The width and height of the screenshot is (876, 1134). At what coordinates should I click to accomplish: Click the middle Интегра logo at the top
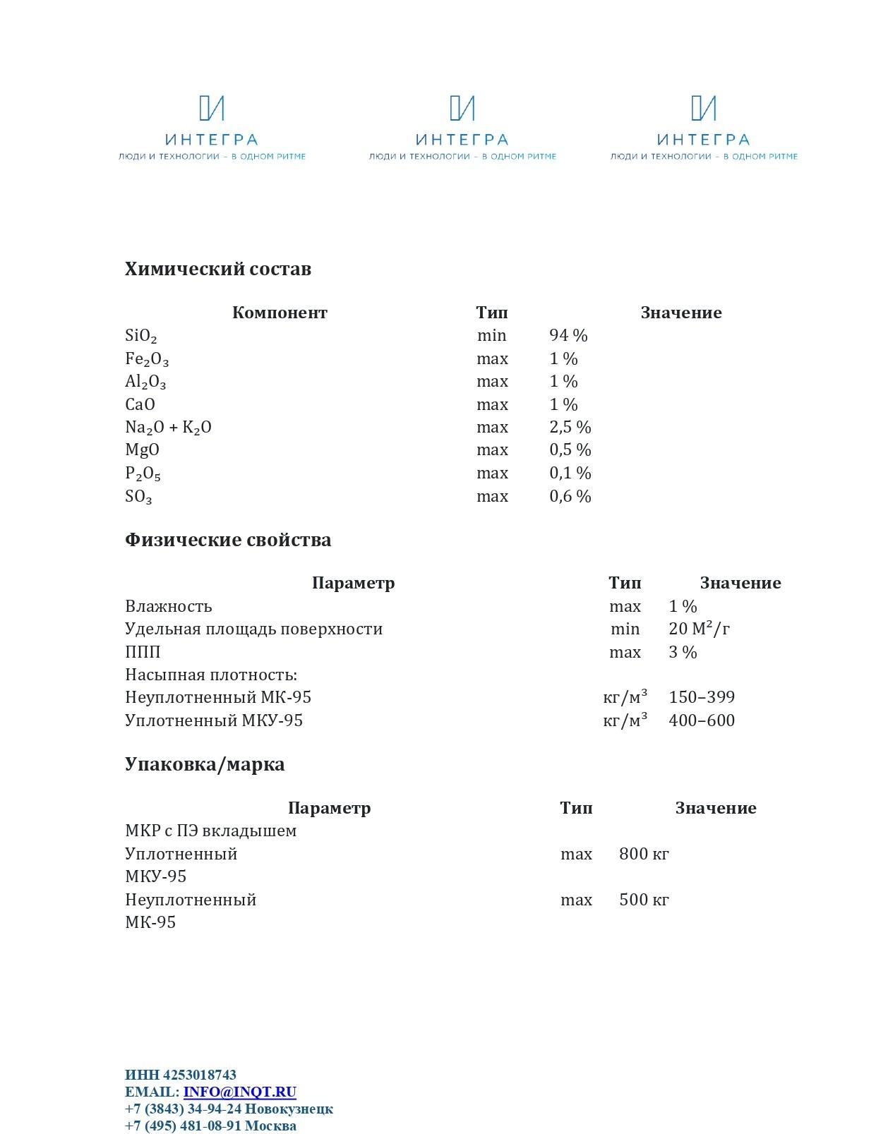click(462, 128)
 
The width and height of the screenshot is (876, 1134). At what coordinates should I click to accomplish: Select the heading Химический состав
click(217, 269)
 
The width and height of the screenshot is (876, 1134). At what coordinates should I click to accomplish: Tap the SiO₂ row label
click(141, 336)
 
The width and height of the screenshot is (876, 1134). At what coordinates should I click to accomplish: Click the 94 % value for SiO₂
click(568, 335)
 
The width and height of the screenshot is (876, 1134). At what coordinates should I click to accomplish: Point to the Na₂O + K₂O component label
click(168, 428)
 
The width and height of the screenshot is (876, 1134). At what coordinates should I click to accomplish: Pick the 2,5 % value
click(570, 427)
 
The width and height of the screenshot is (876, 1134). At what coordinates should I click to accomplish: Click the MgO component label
click(142, 450)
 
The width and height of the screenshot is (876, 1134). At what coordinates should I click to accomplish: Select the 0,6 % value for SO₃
click(570, 496)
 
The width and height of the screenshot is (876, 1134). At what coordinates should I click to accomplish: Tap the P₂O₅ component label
click(143, 473)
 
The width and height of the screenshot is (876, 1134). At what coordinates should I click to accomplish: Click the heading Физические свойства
click(227, 540)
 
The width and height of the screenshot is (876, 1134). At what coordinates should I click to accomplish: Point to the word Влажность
click(168, 606)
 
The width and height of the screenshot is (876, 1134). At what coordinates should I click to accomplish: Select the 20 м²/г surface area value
click(699, 629)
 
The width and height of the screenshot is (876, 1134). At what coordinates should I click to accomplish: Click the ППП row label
click(143, 652)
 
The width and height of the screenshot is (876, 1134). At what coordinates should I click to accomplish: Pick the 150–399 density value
click(702, 697)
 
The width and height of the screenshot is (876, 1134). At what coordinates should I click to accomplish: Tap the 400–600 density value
click(702, 720)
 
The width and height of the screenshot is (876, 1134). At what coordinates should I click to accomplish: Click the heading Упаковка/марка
click(205, 764)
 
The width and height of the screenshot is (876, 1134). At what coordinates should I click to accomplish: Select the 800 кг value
click(644, 854)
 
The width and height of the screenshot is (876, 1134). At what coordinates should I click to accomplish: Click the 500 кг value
click(644, 900)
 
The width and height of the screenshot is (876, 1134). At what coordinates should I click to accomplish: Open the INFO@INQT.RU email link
click(239, 1092)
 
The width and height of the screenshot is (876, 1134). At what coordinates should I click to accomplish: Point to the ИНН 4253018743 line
click(181, 1075)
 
